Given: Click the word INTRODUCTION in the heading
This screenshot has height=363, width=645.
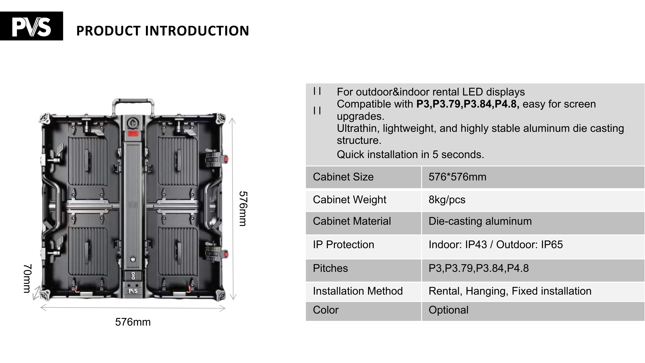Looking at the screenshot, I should click(197, 31).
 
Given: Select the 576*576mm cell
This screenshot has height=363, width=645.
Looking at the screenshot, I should click(457, 177).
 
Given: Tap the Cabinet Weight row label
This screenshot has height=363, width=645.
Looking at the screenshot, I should click(349, 200).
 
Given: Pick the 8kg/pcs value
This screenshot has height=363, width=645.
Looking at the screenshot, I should click(447, 200).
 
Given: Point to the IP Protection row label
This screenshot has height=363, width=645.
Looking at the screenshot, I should click(343, 245).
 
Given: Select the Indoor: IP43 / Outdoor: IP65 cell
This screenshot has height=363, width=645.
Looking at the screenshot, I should click(496, 245).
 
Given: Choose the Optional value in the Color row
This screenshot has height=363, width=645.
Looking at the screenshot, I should click(448, 310).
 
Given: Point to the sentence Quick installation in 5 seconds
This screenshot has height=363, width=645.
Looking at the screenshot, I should click(410, 155).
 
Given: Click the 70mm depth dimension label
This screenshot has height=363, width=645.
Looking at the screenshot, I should click(27, 278).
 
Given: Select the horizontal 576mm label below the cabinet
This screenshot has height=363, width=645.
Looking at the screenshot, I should click(133, 322).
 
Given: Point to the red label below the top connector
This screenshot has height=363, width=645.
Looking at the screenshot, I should click(132, 134).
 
